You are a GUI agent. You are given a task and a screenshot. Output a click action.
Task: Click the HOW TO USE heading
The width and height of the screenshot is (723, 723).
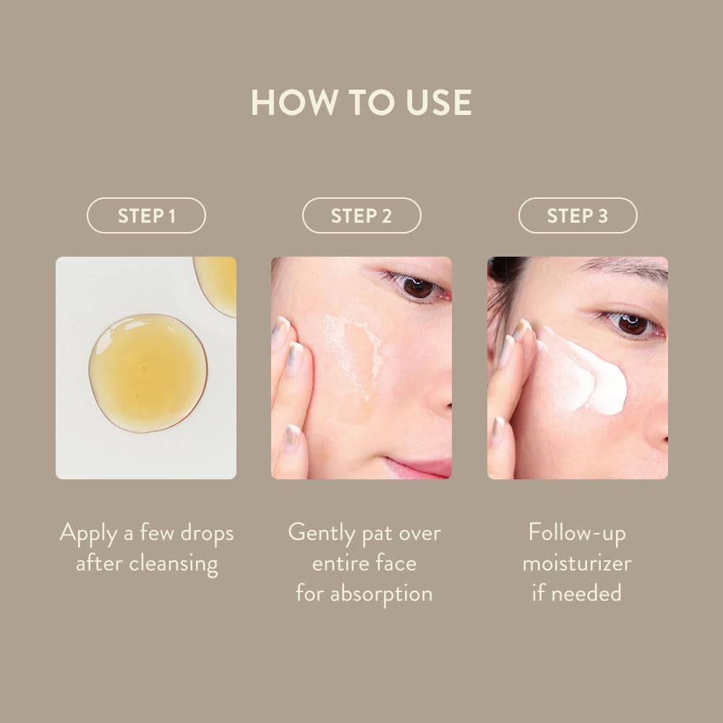pos(361,102)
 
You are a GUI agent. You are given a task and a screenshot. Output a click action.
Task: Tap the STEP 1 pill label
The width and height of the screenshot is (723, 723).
pos(146,215)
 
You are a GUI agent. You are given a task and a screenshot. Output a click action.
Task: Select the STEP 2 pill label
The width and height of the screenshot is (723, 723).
pos(361,215)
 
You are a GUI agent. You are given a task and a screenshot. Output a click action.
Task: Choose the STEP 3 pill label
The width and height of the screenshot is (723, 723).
pos(578,215)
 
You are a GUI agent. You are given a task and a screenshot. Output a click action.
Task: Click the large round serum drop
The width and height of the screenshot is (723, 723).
pos(147,374)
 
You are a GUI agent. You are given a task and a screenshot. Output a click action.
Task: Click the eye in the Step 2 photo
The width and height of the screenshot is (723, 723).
pos(417,288)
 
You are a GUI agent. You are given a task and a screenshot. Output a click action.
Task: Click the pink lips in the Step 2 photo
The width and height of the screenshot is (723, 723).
pos(422,466)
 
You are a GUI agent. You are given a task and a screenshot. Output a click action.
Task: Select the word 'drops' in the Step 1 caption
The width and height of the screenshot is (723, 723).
pos(207,533)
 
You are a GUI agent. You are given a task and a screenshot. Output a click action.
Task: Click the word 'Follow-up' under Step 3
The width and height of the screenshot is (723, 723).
pos(577,533)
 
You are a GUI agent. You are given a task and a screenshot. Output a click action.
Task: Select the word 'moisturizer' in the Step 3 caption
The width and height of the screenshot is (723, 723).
pos(577,563)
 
